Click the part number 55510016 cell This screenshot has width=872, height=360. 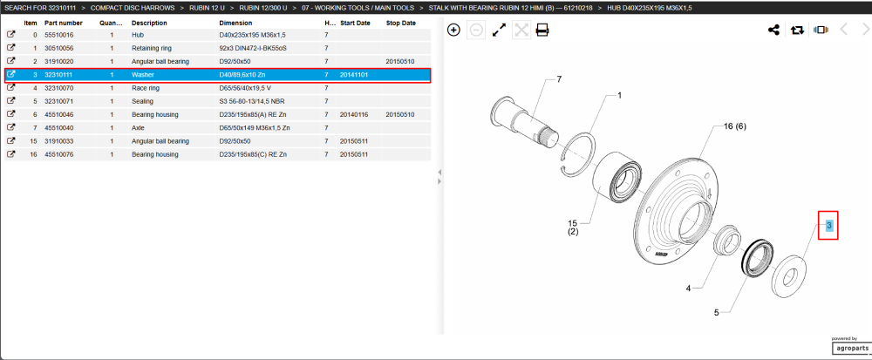(58, 35)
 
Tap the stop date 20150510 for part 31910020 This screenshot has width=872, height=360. (400, 62)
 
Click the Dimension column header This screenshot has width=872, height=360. (235, 23)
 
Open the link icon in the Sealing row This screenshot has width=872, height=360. (10, 101)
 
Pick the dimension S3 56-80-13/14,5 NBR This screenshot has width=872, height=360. (253, 102)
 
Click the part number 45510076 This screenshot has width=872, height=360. (58, 154)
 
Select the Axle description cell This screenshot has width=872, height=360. (138, 128)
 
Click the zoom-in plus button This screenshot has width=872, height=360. (453, 30)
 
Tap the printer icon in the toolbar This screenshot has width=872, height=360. (542, 30)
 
